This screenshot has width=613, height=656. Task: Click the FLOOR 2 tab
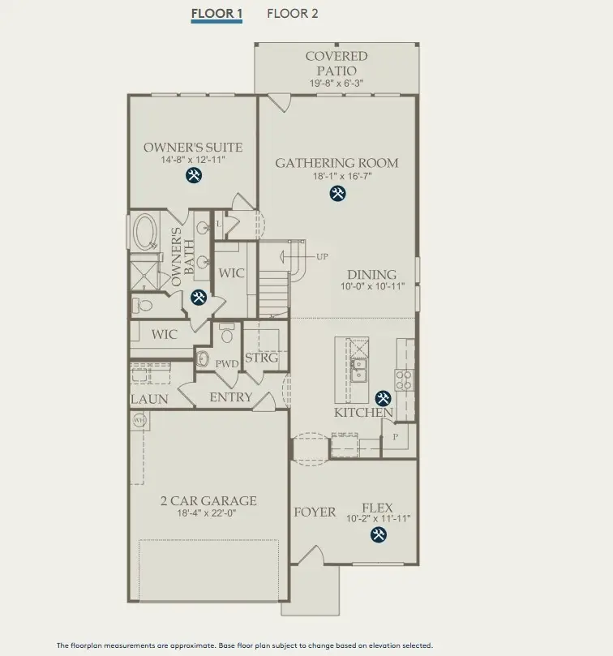click(292, 13)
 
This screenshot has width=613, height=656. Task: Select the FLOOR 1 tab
click(216, 13)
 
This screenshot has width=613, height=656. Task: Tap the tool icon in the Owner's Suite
click(194, 175)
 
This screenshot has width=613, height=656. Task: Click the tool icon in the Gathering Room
click(337, 193)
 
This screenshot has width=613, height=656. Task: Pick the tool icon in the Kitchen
click(382, 398)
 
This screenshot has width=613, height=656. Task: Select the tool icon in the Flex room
click(378, 534)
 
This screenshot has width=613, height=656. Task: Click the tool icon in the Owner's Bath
click(198, 298)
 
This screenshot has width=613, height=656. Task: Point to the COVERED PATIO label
click(336, 63)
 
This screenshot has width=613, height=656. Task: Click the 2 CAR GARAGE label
click(208, 501)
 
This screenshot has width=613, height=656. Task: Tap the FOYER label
click(315, 512)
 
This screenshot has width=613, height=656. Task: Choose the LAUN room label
click(149, 399)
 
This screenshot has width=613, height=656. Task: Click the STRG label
click(261, 358)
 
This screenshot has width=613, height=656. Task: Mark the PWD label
click(227, 364)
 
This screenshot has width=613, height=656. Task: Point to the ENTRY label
click(231, 397)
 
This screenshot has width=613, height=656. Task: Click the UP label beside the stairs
click(323, 256)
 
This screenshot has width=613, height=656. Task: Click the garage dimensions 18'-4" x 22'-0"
click(208, 512)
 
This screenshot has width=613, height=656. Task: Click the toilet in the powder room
click(227, 333)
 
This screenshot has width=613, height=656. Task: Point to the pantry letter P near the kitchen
click(396, 436)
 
